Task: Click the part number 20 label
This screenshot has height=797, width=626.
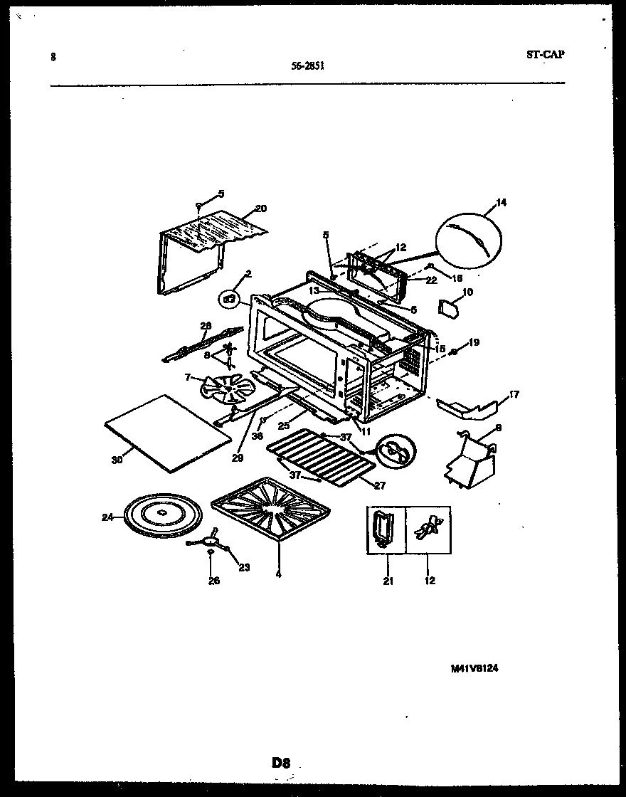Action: pos(261,209)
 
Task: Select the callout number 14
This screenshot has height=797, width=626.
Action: pos(502,203)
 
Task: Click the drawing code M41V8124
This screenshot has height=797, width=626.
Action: pos(474,668)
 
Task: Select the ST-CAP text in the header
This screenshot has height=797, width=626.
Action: pos(546,54)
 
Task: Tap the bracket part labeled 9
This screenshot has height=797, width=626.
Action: pos(469,464)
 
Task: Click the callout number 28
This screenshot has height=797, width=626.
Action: pos(206,326)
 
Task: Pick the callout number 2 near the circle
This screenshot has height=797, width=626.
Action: pos(248,273)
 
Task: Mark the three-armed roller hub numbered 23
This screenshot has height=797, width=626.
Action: pos(210,544)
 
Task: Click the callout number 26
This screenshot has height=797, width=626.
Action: pos(214,581)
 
